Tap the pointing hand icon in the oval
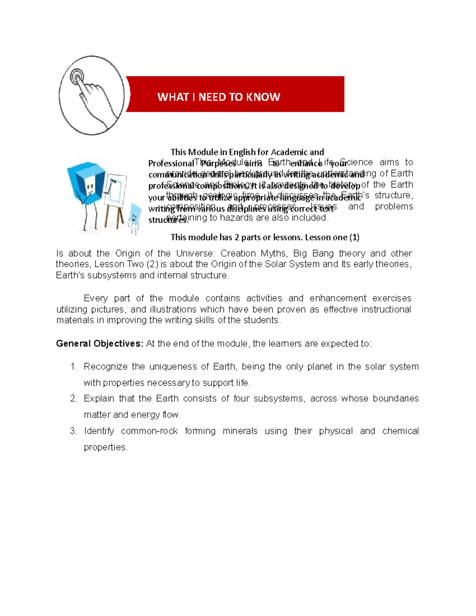[x=91, y=95]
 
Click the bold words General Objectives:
[x=100, y=344]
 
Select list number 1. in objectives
[x=73, y=367]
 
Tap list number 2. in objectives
[x=73, y=398]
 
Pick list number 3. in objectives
[x=73, y=431]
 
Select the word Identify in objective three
[x=99, y=431]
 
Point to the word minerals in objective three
[x=240, y=431]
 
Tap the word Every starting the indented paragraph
[x=96, y=298]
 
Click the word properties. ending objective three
[x=106, y=447]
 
